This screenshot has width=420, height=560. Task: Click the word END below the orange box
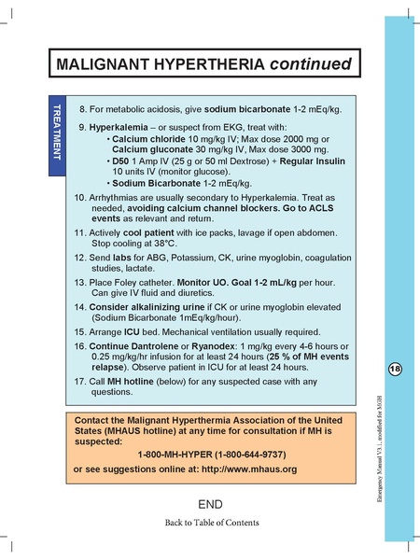[211, 504]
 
